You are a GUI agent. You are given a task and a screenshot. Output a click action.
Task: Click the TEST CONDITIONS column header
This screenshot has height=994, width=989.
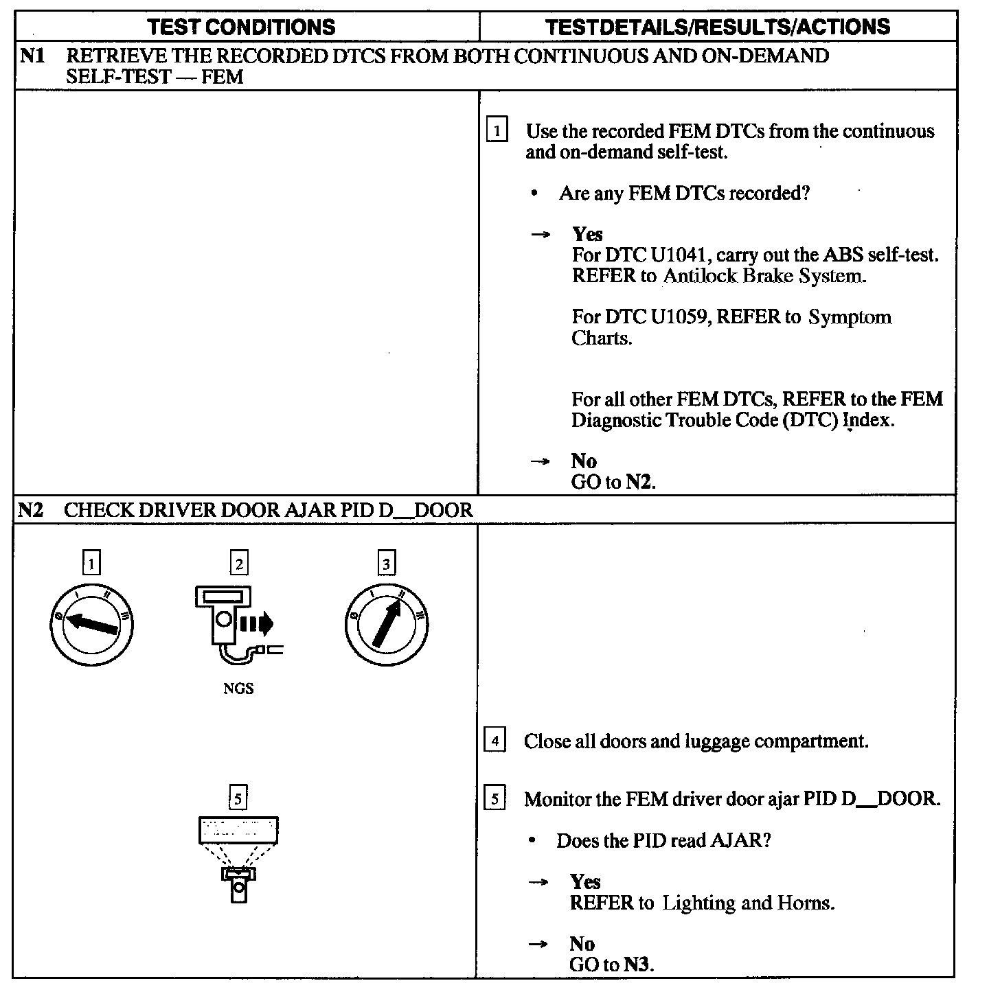pos(242,27)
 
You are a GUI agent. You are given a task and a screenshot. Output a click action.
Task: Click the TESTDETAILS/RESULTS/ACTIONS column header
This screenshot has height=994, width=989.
pos(718,27)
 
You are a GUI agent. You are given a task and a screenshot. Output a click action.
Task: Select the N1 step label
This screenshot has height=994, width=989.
pos(32,56)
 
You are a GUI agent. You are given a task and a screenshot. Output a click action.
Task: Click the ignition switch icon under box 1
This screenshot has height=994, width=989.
pos(91,624)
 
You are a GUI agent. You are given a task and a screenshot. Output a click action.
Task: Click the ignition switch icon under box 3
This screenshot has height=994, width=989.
pos(387,624)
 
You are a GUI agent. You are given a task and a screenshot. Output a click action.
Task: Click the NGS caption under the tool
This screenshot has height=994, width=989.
pos(238,689)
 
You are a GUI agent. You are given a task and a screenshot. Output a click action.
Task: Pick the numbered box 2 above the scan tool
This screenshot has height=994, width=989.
pos(239,564)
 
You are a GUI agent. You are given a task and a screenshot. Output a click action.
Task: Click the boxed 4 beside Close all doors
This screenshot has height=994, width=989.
pos(494,741)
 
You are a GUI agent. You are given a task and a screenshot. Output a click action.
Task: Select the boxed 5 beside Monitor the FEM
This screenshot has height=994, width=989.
pos(494,799)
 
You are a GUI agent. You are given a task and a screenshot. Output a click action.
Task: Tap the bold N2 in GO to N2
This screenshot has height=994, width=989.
pos(638,482)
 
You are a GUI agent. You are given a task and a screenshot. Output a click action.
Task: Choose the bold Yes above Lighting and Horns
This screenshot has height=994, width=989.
pos(585,882)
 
